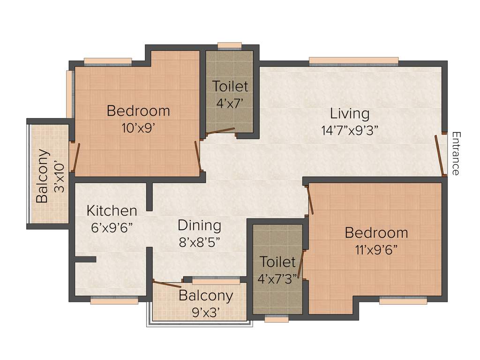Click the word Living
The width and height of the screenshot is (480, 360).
click(350, 114)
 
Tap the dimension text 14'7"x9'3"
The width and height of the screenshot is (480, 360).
click(350, 130)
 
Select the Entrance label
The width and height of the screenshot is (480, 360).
click(455, 154)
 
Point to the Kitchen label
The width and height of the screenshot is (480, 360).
click(112, 210)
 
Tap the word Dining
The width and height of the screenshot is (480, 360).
click(199, 225)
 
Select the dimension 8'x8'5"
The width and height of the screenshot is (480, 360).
click(199, 242)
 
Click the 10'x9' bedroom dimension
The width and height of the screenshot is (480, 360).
click(138, 128)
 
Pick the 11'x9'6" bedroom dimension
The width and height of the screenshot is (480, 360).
click(376, 249)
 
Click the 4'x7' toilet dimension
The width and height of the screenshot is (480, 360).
click(230, 103)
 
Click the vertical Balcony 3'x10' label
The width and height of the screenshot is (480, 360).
click(49, 176)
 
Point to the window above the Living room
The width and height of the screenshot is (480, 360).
click(353, 60)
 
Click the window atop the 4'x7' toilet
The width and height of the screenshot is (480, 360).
click(230, 45)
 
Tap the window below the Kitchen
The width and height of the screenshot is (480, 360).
click(114, 301)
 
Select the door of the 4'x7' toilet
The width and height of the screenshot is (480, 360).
click(220, 131)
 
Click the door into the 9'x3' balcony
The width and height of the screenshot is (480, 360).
click(167, 284)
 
